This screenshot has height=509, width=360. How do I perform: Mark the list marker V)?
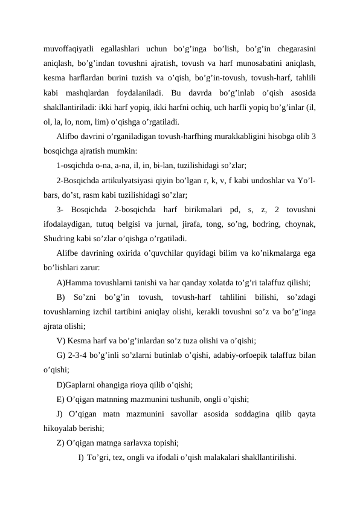[61, 340]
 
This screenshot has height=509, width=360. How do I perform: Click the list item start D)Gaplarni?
[83, 384]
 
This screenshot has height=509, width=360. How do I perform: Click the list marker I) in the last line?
[80, 458]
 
